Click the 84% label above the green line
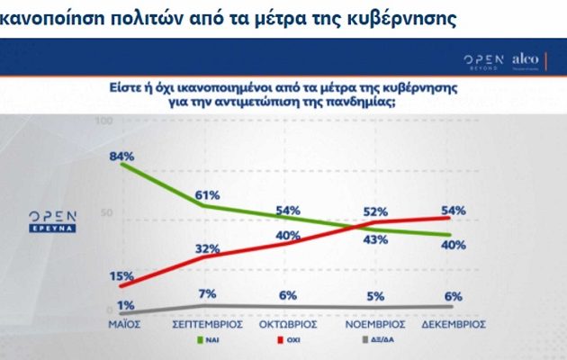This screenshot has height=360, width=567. point(121,157)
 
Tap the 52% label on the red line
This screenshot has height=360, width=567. point(376,211)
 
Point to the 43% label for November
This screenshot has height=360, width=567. point(376,239)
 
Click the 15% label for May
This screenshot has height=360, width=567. point(121,276)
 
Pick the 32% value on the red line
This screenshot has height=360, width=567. point(209,248)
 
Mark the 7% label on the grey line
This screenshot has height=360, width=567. point(209,294)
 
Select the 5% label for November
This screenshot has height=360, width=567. point(376,295)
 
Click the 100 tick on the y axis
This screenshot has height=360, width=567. point(103,121)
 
